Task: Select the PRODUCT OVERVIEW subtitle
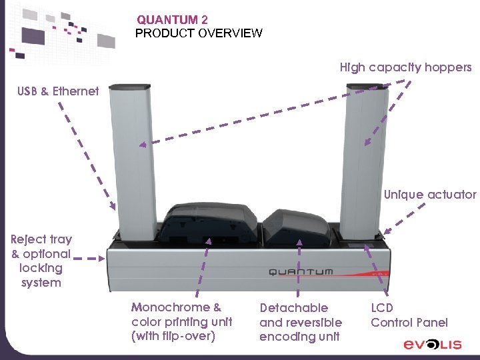click(x=199, y=33)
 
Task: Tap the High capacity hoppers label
click(x=405, y=67)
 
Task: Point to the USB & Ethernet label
click(x=58, y=91)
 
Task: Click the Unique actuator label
click(x=430, y=195)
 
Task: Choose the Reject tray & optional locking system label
click(x=41, y=261)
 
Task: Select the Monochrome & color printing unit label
click(x=181, y=322)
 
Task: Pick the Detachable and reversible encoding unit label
click(x=300, y=322)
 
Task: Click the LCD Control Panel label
click(x=409, y=315)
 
